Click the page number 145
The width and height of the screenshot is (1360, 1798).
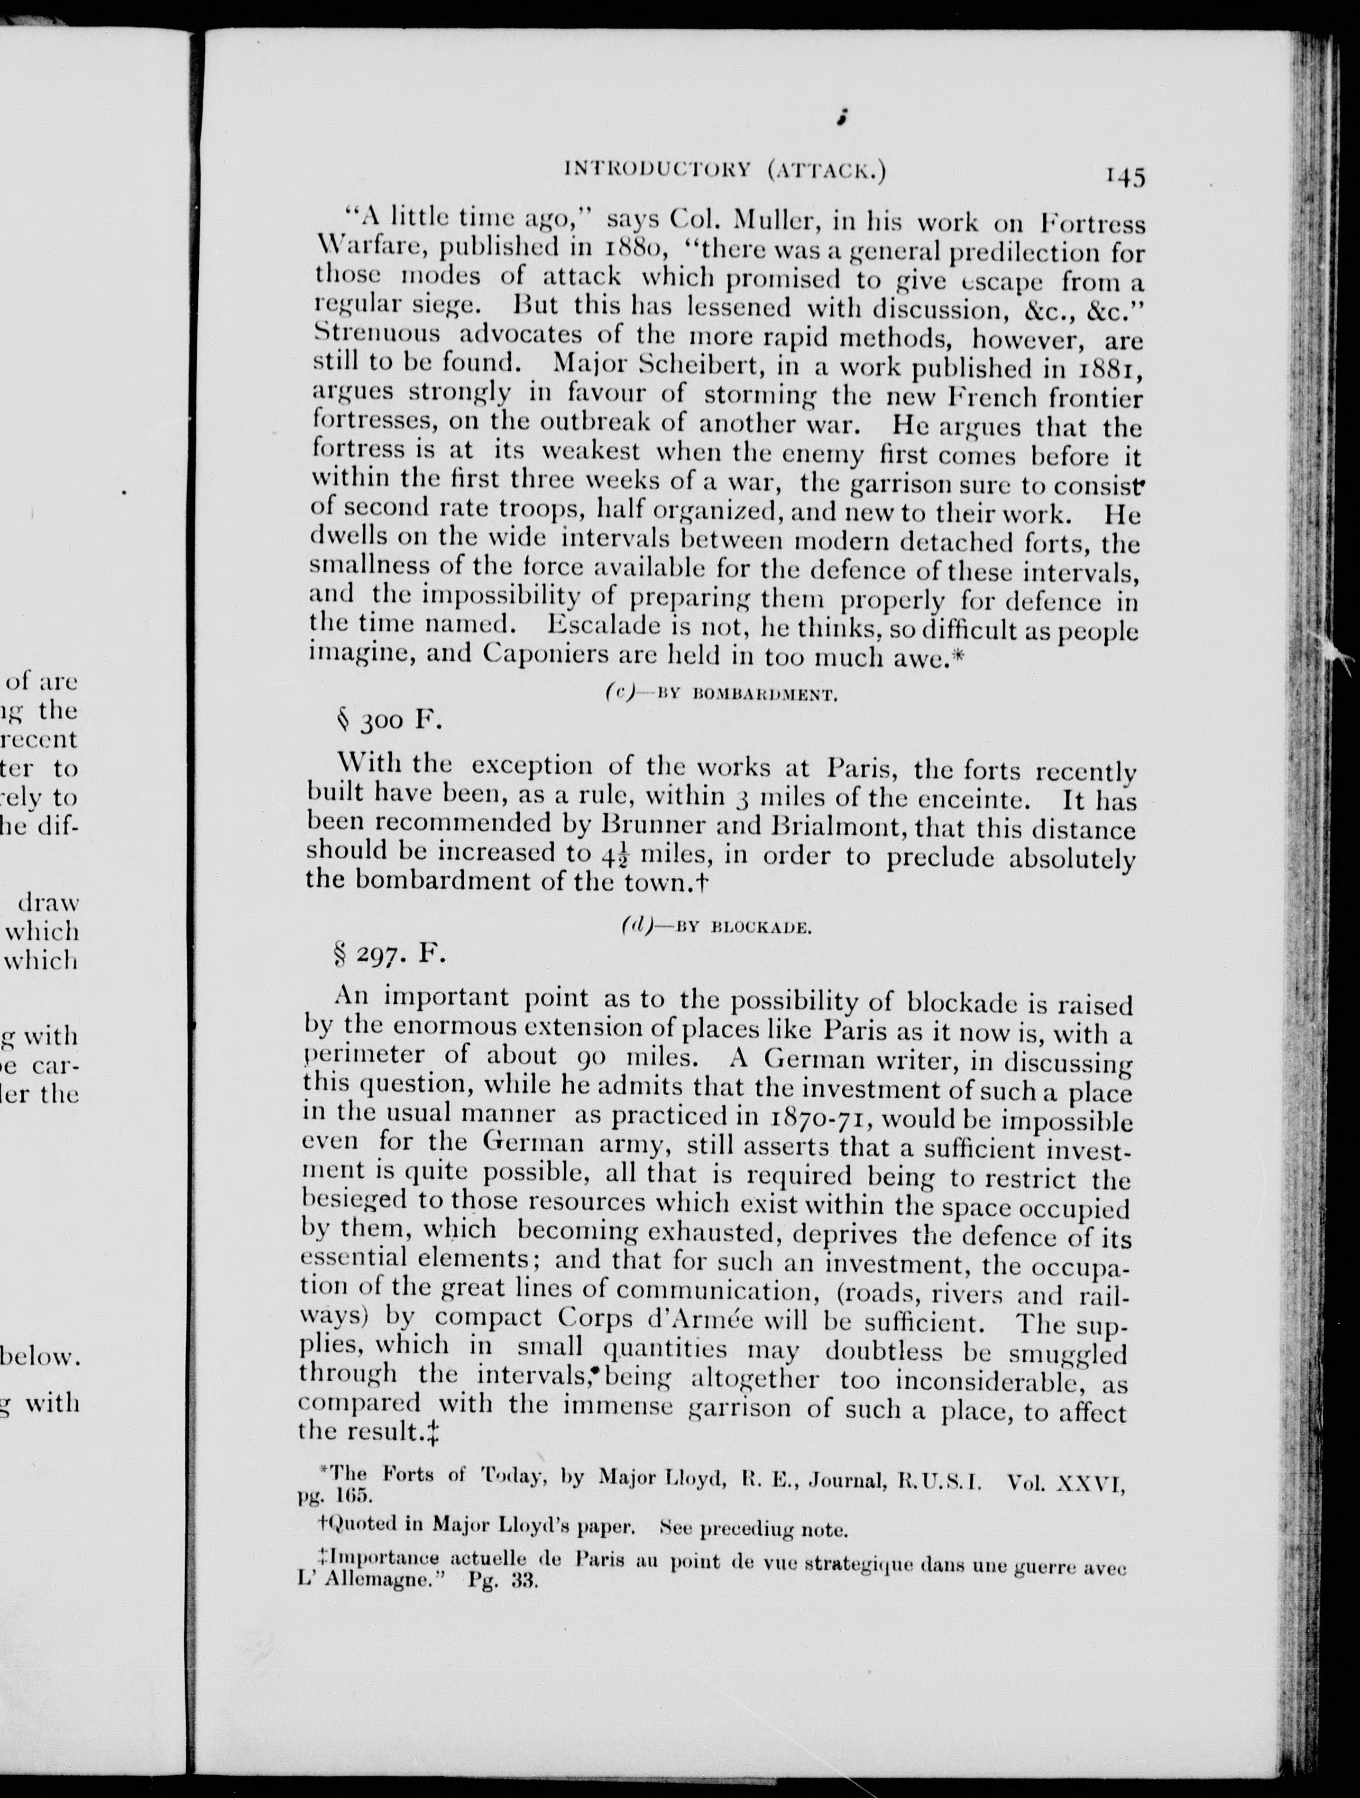coord(1124,177)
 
